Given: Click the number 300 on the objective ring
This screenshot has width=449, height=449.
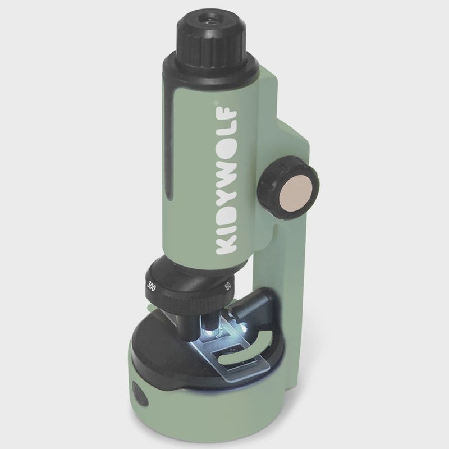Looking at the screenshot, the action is pos(151,286).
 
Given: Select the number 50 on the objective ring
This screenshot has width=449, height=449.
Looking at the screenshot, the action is pos(228,286).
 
